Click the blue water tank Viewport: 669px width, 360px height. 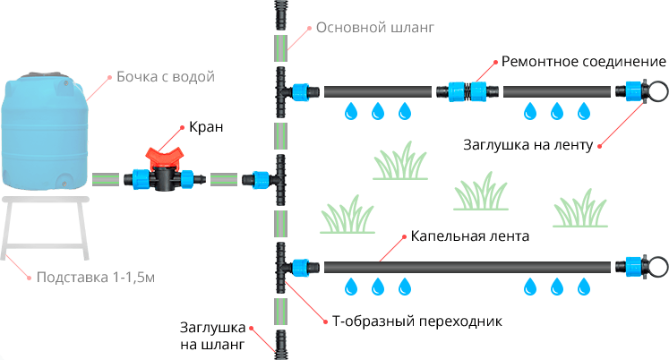(x=46, y=134)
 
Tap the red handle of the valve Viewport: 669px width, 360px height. (x=165, y=156)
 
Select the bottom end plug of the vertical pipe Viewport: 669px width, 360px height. (x=280, y=344)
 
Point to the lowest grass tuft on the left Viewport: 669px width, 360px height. (x=347, y=218)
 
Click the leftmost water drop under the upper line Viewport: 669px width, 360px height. (x=351, y=112)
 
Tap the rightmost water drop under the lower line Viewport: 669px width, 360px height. (x=584, y=287)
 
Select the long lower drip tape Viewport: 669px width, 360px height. (x=466, y=267)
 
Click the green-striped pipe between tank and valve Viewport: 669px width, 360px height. (x=110, y=179)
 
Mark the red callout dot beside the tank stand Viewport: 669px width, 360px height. (x=29, y=278)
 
